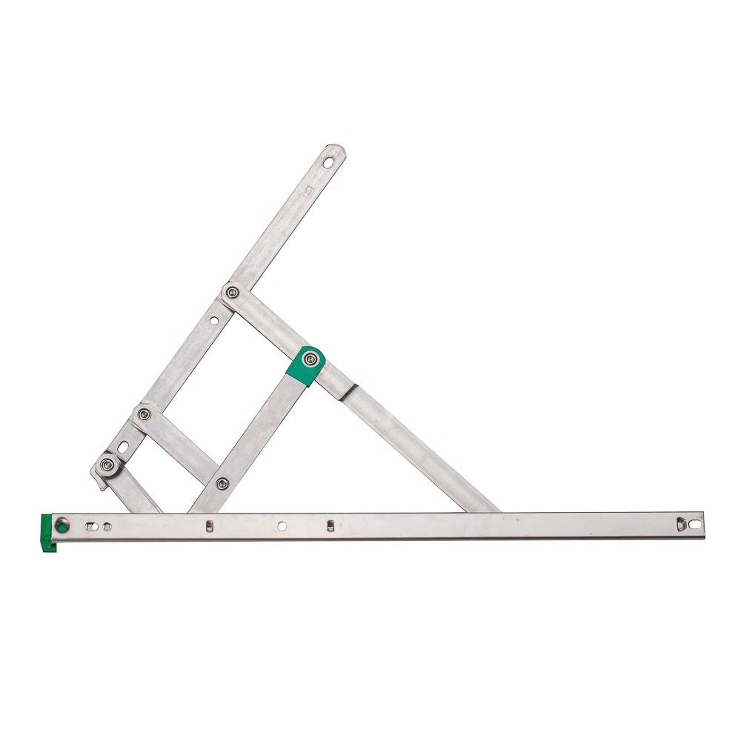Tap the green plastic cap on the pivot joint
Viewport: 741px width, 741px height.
pos(305,368)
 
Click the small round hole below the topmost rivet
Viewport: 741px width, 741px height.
pos(215,321)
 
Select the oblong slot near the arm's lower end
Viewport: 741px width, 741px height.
pos(122,447)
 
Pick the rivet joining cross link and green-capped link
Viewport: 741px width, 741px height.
pos(221,483)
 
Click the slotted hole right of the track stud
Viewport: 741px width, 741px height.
pos(92,526)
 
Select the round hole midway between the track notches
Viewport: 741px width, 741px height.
pos(281,526)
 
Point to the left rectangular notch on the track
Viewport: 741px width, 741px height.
pos(209,526)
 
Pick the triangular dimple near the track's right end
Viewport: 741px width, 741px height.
pos(679,524)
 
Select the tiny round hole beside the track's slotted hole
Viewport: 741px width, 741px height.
pos(108,526)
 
